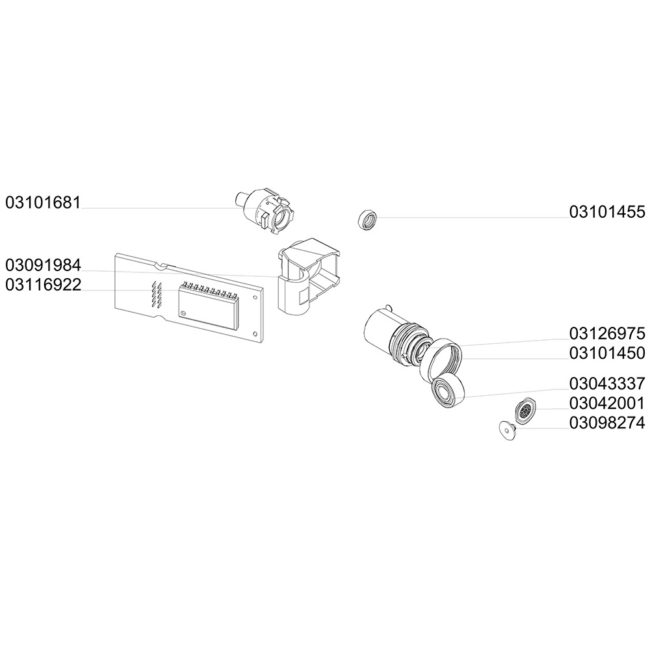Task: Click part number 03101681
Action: click(x=43, y=202)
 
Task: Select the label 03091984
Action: click(x=43, y=265)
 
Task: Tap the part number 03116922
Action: click(x=43, y=285)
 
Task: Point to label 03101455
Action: click(x=607, y=212)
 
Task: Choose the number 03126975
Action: click(x=607, y=334)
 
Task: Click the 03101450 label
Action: click(x=607, y=353)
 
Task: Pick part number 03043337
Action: click(x=607, y=383)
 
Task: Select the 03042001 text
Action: click(x=607, y=403)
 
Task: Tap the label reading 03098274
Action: click(x=607, y=423)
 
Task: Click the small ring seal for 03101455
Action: click(x=368, y=220)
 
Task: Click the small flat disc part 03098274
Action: click(x=506, y=429)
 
